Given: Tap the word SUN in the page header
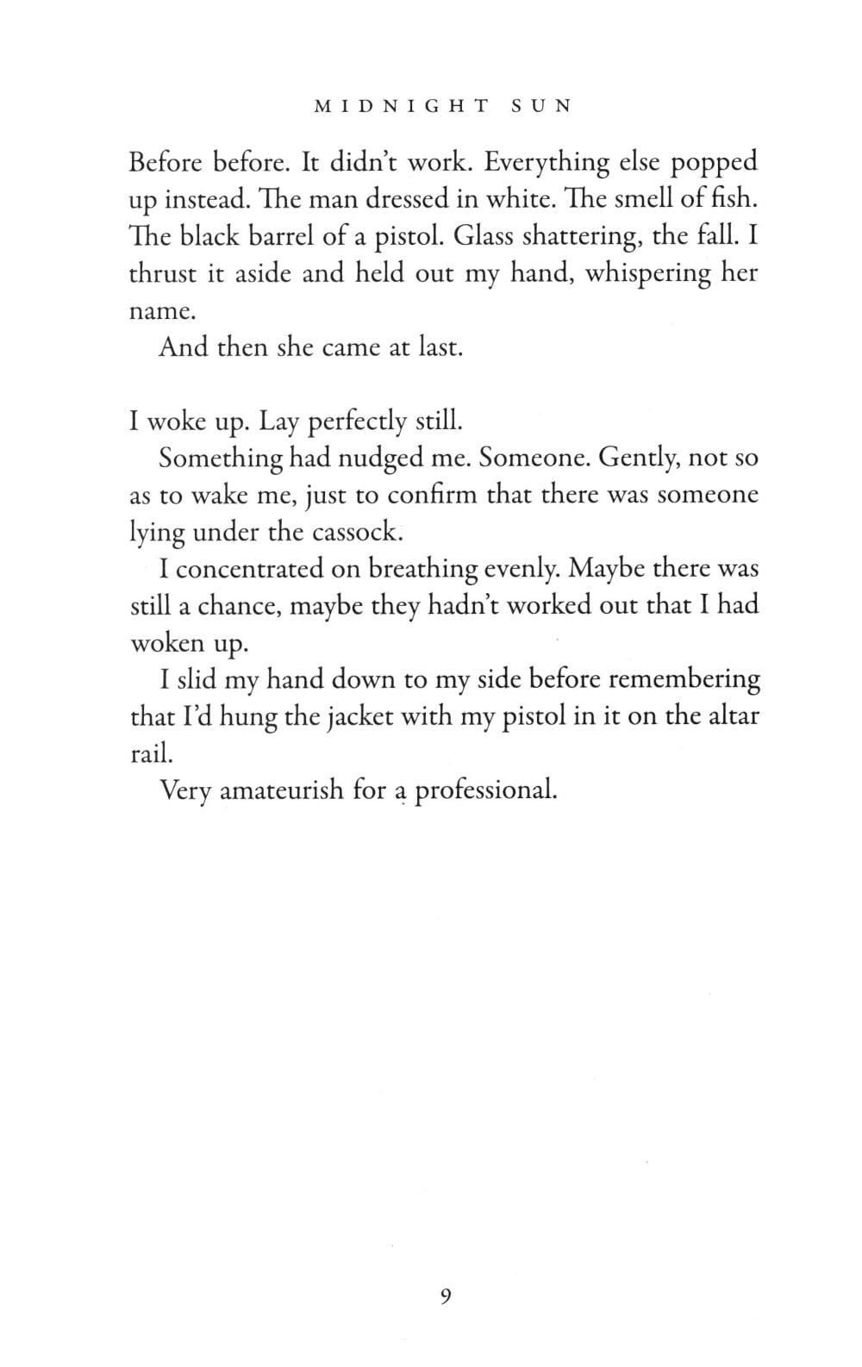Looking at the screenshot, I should point(541,107).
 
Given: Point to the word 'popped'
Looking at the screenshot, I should point(715,163).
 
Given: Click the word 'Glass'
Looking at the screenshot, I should point(482,237).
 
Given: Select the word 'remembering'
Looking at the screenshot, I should point(684,680).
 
